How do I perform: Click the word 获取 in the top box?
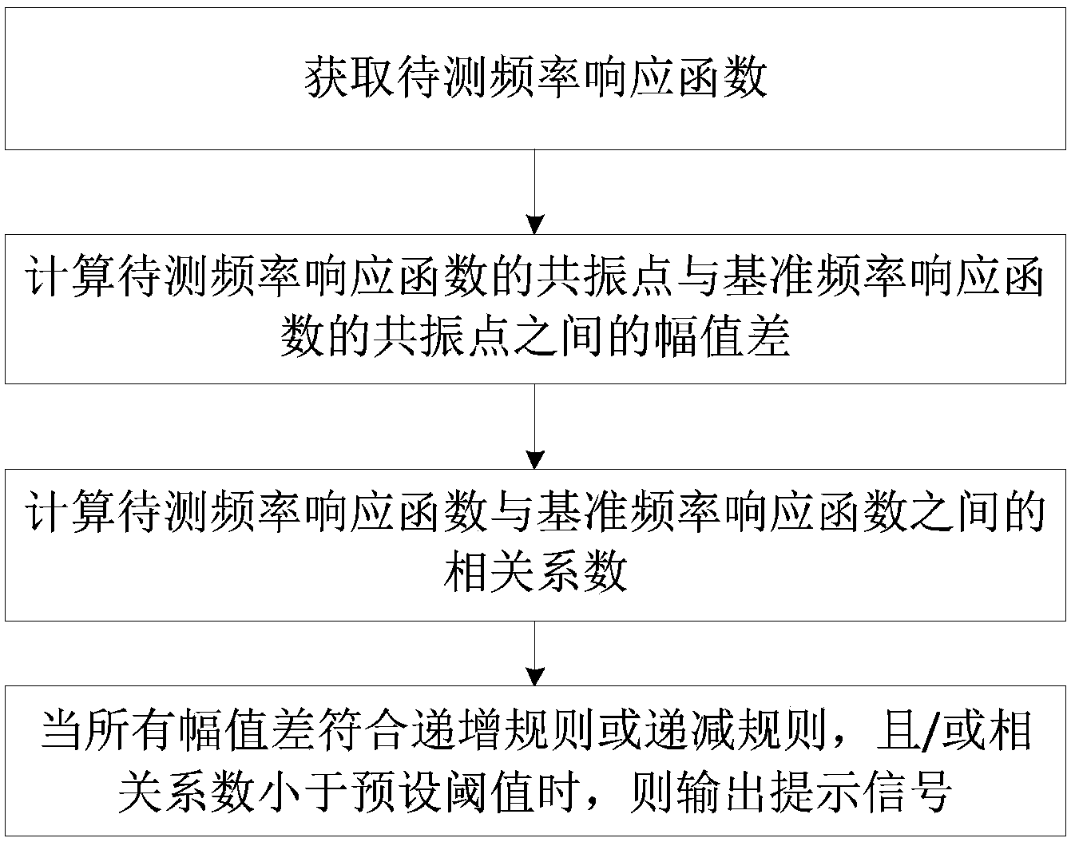(350, 78)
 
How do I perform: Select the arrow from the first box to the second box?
(535, 192)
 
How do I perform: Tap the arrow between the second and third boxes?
(535, 427)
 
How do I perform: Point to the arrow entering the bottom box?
(535, 653)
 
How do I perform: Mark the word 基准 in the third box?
(581, 512)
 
